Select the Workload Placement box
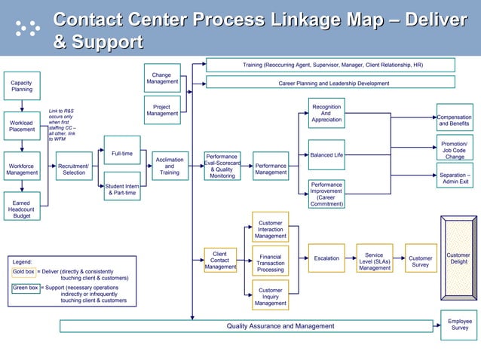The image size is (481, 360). tap(22, 126)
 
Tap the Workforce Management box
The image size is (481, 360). tap(22, 169)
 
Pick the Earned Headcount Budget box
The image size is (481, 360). tap(22, 209)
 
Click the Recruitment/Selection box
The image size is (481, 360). tap(74, 169)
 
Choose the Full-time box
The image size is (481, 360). tap(121, 154)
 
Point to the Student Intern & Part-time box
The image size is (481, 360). tap(121, 189)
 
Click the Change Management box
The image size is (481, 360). tap(161, 78)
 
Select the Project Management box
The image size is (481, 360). tap(161, 111)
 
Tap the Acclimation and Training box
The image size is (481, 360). tap(169, 166)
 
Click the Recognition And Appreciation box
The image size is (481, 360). tap(326, 113)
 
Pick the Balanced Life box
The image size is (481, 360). tap(326, 155)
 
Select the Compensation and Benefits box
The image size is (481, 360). tap(455, 121)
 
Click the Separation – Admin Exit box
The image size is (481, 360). tap(455, 178)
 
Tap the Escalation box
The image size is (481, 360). tap(326, 258)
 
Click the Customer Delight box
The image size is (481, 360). tap(458, 258)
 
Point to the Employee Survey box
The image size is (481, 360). tap(459, 325)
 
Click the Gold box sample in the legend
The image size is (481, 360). tap(23, 271)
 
